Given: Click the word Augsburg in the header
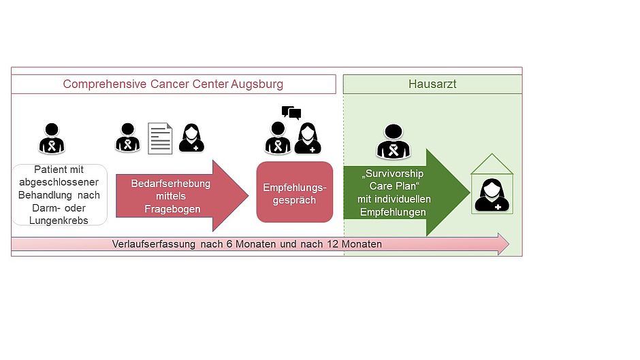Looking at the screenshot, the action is (x=257, y=84).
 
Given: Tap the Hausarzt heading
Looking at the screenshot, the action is (x=432, y=84).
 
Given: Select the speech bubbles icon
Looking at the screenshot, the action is (x=291, y=112).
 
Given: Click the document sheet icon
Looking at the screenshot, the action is (x=160, y=138).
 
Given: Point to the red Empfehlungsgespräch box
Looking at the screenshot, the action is (x=295, y=192).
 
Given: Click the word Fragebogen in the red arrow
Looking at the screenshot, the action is (x=172, y=209).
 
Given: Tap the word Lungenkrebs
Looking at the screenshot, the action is (x=59, y=220).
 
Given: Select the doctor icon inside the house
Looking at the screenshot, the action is (x=492, y=195).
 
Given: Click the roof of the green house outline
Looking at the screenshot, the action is (x=492, y=163).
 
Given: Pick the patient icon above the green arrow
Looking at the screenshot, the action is (x=394, y=142).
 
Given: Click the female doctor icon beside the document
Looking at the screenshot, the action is (x=191, y=138).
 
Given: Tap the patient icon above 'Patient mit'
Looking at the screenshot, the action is (x=52, y=138).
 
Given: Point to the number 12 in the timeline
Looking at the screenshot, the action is (x=333, y=244).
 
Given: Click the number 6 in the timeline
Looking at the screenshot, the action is (x=229, y=244).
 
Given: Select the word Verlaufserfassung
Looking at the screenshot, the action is (x=153, y=244).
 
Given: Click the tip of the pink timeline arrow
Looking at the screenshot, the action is (x=509, y=244).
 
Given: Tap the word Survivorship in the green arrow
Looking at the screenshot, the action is (x=394, y=174).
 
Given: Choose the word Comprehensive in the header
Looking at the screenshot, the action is (x=104, y=84).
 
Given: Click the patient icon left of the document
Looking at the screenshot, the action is (x=128, y=137).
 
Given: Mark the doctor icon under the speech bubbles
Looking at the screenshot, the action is (x=308, y=138).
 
